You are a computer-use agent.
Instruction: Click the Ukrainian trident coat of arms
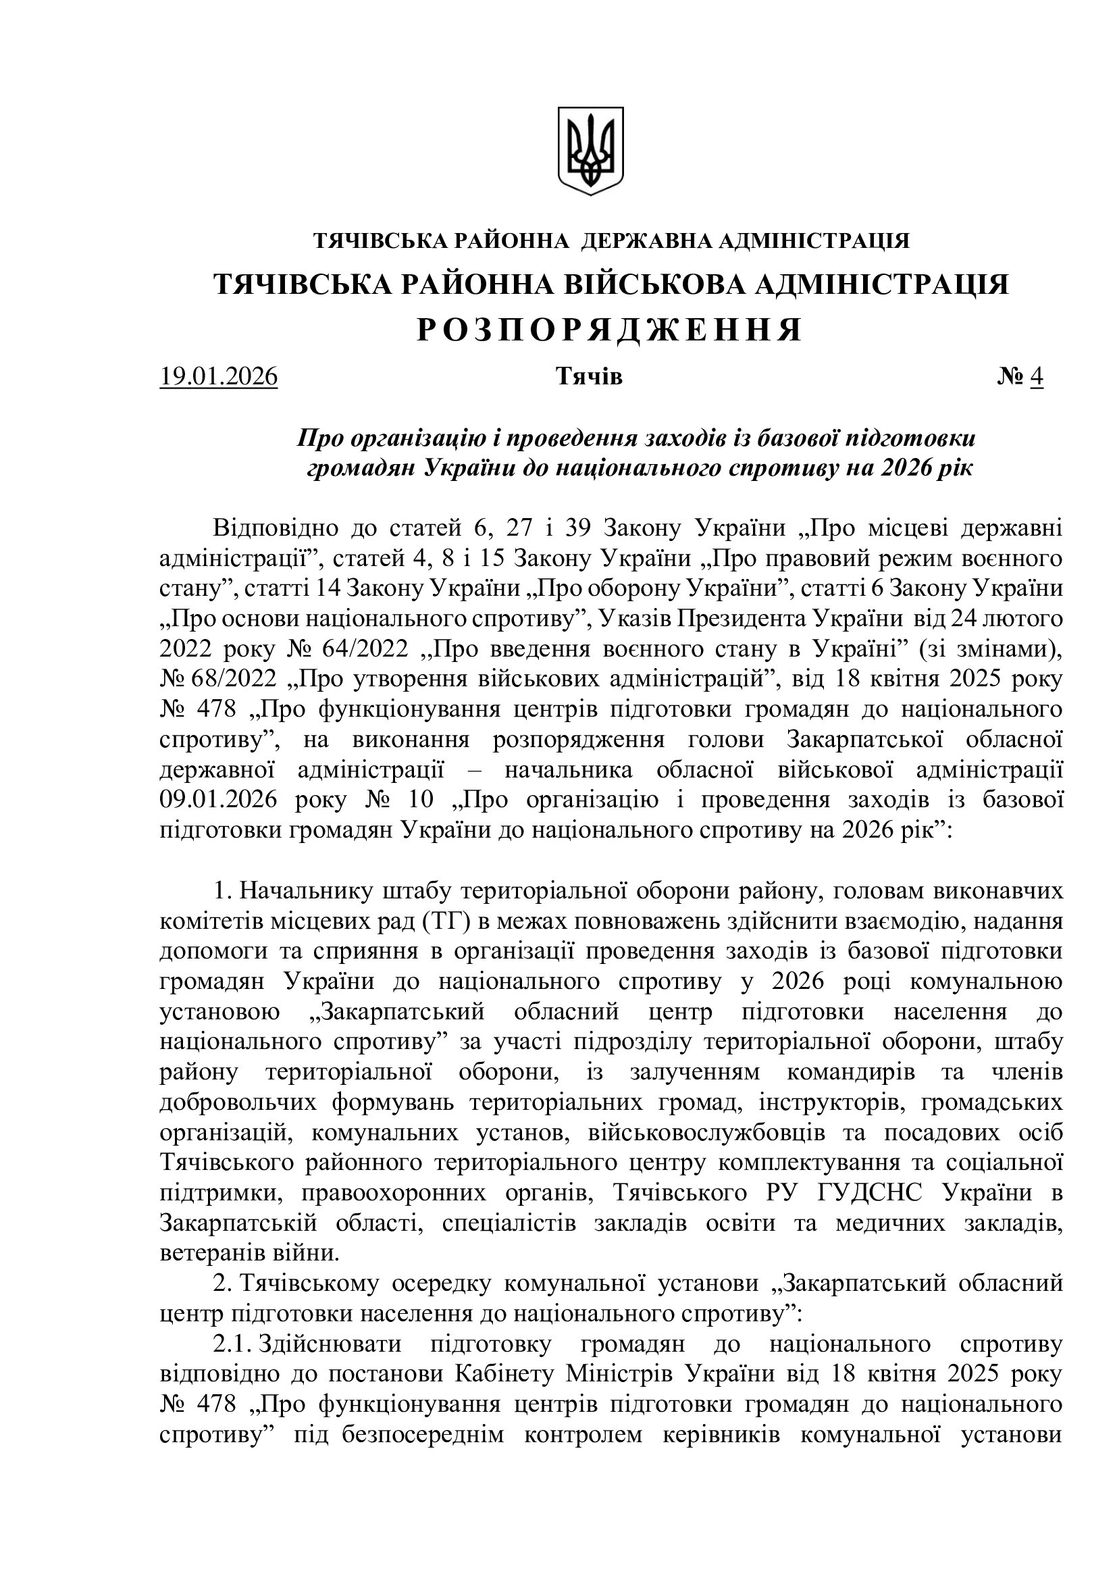pos(590,150)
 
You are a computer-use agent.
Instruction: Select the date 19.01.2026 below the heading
pos(218,377)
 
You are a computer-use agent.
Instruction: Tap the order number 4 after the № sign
pos(1037,377)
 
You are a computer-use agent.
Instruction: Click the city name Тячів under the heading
pos(589,377)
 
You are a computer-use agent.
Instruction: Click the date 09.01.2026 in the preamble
pos(218,800)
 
